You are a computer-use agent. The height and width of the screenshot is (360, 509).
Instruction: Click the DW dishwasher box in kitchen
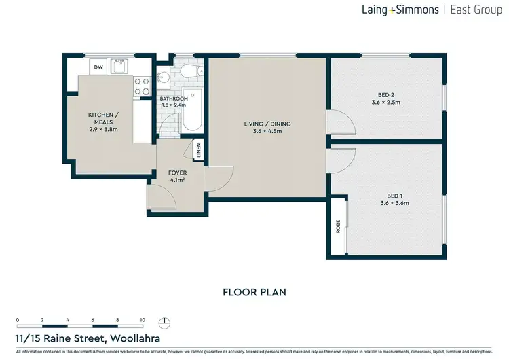coord(98,67)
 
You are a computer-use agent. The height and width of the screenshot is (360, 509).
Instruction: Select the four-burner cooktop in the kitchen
coord(143,86)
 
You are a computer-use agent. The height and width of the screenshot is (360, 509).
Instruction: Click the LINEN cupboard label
coord(198,151)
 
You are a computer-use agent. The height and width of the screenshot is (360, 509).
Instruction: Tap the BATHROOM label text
coord(174,98)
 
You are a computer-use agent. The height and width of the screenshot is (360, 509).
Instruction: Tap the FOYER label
coord(177,173)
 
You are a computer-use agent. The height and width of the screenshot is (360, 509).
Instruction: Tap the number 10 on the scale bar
coord(143,319)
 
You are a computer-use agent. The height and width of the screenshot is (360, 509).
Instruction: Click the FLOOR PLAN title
coord(254,292)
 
